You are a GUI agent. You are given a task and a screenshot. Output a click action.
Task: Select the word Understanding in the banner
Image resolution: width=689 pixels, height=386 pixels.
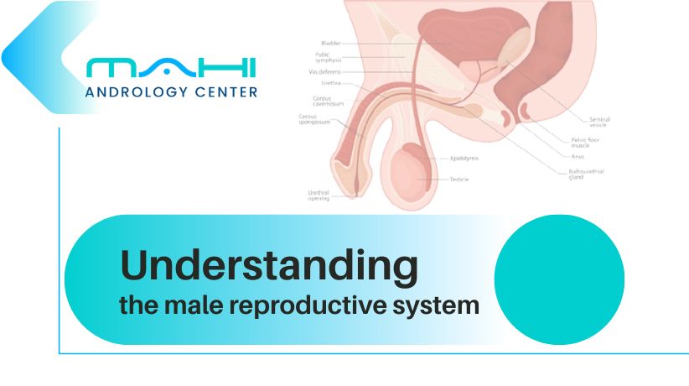(x=269, y=266)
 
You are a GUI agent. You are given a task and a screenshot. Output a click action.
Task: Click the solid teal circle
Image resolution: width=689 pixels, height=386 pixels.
(x=559, y=279)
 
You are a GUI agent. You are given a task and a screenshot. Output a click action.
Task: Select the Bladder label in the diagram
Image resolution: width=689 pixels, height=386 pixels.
(x=330, y=43)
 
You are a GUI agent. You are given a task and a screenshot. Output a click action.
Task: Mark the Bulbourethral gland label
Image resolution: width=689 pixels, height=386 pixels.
(x=586, y=174)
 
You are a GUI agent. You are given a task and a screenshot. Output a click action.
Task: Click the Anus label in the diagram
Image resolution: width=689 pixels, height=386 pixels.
(x=578, y=155)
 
